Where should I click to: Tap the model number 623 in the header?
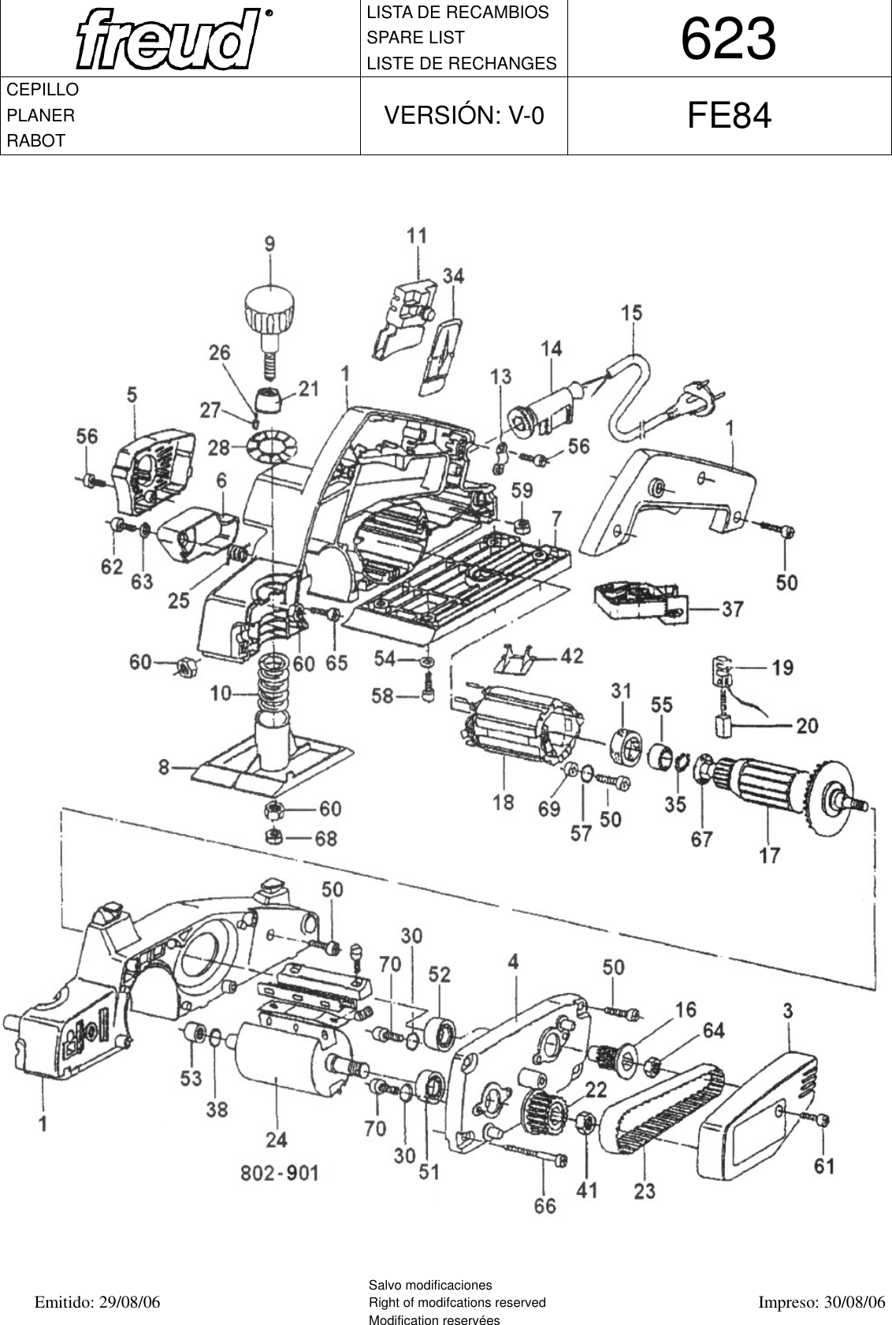[728, 39]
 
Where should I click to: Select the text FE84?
[728, 117]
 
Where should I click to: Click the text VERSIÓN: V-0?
[463, 116]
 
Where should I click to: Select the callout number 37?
[731, 609]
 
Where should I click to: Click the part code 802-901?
[280, 1173]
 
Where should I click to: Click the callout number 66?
[544, 1205]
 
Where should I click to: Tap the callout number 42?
[571, 656]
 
